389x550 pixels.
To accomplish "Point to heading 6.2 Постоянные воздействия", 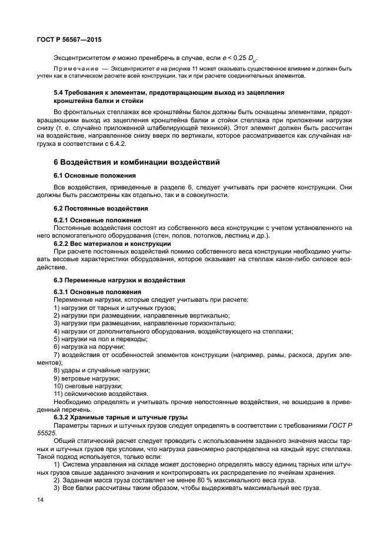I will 101,208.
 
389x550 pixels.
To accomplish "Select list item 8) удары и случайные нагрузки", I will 102,370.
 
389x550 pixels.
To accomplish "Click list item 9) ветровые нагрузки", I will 87,378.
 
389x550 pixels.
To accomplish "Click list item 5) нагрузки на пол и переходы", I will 100,339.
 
